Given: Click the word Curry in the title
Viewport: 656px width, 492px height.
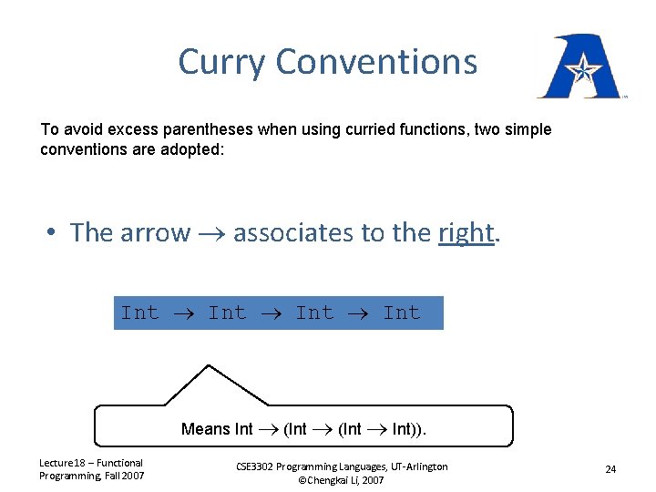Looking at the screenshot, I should point(222,63).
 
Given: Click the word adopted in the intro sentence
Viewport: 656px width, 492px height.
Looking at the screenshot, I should point(194,149).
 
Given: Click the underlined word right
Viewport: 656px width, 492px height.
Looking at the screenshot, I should point(466,233).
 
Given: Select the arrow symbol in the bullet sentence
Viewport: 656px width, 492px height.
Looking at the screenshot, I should point(211,234).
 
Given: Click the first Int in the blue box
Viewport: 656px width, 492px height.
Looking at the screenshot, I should point(139,313).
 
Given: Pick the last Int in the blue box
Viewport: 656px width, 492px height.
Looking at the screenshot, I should point(402,313).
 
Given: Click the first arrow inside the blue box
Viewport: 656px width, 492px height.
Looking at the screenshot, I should point(182,313).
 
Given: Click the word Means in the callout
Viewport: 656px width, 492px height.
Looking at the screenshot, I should point(206,429).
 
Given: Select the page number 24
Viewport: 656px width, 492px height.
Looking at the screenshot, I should point(610,469).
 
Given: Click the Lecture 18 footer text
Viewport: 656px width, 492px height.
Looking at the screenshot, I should point(91,468).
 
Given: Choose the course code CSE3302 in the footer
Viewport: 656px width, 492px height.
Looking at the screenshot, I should point(260,466).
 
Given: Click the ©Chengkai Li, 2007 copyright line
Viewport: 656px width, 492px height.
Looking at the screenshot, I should point(341,480).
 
